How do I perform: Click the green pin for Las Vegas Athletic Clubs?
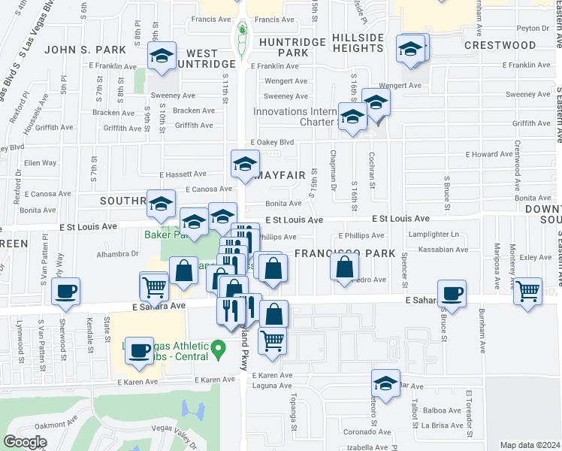218,349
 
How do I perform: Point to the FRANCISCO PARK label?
344,254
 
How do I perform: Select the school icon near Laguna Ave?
385,384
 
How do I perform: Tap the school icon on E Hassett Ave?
244,164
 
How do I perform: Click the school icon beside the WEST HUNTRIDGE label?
162,56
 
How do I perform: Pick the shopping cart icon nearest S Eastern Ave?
528,290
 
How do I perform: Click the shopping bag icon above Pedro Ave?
344,267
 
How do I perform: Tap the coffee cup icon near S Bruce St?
452,293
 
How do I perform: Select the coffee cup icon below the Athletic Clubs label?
139,351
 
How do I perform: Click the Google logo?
25,442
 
